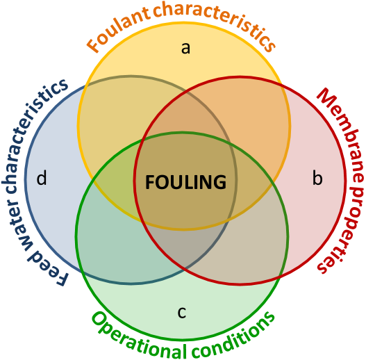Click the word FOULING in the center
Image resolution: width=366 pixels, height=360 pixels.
[x=186, y=182]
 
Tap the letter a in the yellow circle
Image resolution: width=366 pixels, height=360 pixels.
[x=185, y=49]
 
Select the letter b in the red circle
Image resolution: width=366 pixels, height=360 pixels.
[x=317, y=178]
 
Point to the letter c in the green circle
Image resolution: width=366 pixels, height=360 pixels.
[x=182, y=313]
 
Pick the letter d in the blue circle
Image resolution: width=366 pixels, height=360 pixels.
[x=42, y=178]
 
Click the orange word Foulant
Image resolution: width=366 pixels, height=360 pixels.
[x=118, y=29]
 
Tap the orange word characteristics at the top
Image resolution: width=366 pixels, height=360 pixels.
[x=215, y=22]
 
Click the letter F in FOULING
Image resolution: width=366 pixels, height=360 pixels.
[x=151, y=182]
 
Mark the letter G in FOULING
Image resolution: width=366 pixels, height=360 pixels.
[x=219, y=182]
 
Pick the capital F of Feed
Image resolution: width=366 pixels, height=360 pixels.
[x=60, y=279]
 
